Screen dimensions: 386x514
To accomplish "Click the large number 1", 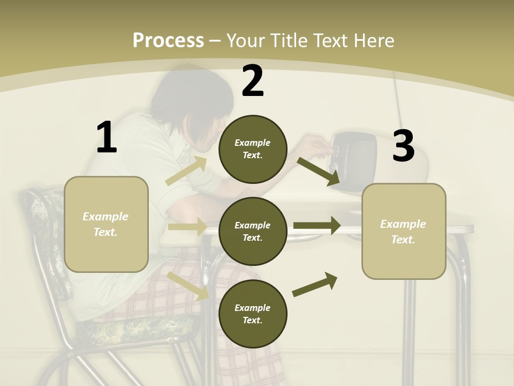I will coord(107,137).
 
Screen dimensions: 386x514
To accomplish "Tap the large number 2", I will coord(253,81).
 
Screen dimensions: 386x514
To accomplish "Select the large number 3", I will coord(403,146).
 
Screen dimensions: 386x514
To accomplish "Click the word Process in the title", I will coord(168,40).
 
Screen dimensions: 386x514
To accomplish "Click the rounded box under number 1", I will coord(106,224).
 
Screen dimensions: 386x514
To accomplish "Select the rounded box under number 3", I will coord(404,231).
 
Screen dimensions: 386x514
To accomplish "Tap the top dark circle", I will coord(253,149).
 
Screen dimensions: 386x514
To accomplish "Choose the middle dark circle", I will coord(253,231).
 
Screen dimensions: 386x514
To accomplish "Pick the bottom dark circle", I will coord(253,314).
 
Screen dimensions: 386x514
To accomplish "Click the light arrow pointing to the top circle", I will coord(186,170).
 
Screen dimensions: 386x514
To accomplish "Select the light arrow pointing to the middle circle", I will coord(186,227).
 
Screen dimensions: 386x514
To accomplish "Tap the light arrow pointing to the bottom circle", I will coord(187,285).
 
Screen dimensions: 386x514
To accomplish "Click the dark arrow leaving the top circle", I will coord(318,170).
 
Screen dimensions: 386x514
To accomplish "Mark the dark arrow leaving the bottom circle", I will coord(315,285).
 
